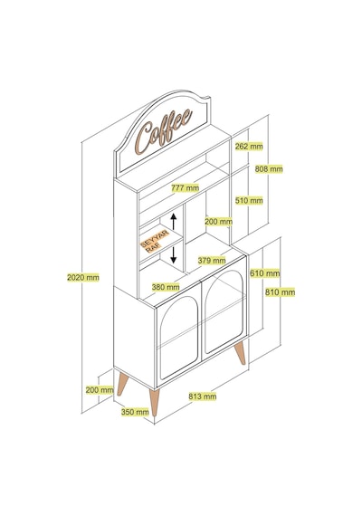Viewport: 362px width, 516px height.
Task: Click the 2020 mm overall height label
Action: pos(83,277)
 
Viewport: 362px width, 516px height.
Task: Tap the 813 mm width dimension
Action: pos(203,397)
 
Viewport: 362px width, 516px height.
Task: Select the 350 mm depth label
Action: pos(135,412)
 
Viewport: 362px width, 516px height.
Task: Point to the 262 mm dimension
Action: pos(249,146)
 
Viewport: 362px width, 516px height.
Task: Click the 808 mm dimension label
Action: pos(269,169)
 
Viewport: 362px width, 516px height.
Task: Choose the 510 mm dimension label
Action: pos(249,200)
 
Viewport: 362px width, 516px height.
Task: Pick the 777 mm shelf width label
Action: pos(185,188)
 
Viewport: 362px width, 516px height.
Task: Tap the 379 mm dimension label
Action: pos(212,261)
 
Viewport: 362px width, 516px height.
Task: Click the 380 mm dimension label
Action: pos(166,287)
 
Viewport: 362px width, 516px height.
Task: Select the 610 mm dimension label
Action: pos(264,273)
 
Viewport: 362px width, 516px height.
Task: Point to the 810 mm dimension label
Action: pos(280,291)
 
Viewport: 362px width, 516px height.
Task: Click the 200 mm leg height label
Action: pos(100,390)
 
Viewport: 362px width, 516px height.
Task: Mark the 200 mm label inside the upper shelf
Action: pos(218,222)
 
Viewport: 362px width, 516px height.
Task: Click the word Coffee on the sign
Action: pos(164,131)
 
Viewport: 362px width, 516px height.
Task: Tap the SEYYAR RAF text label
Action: pos(155,242)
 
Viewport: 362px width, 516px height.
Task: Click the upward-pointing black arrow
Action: pos(174,222)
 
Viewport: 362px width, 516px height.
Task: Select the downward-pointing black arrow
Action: pos(174,255)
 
